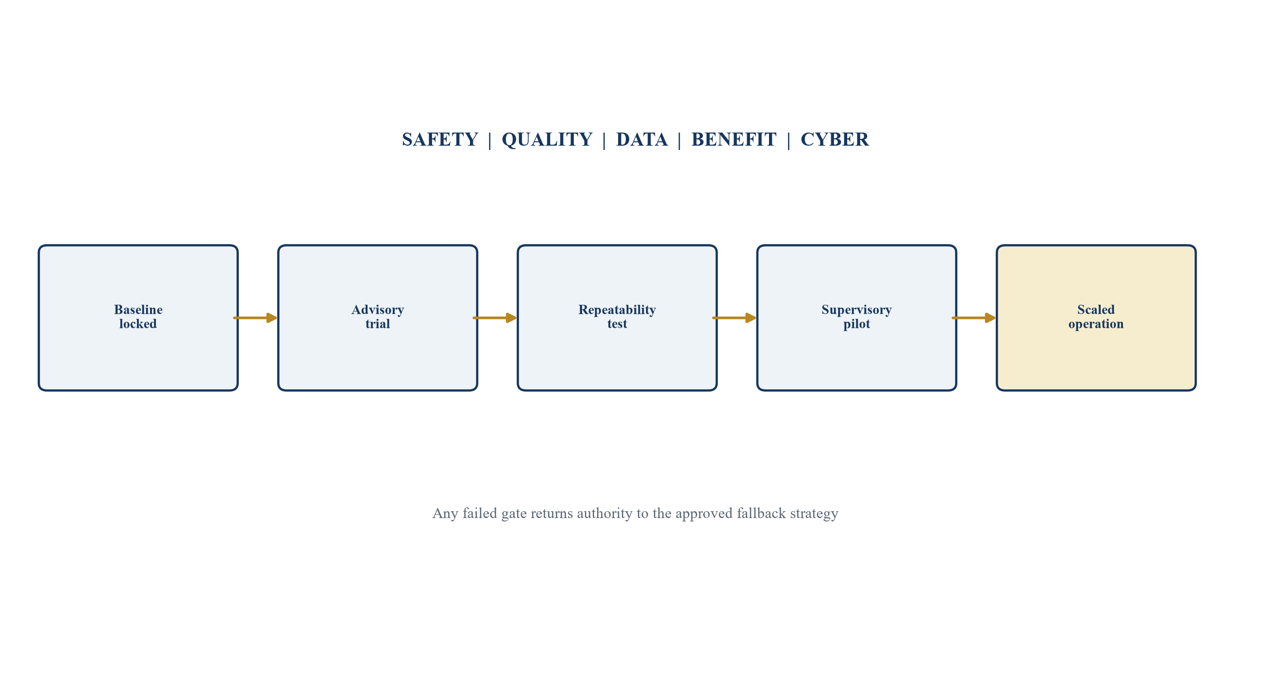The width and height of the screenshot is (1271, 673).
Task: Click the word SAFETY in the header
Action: (440, 140)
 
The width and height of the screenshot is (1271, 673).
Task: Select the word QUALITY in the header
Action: (547, 140)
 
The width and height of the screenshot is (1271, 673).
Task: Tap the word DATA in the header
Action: (641, 140)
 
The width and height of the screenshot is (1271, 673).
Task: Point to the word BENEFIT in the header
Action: (734, 140)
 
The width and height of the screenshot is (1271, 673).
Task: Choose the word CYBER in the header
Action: (835, 140)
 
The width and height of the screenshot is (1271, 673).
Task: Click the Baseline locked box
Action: (138, 318)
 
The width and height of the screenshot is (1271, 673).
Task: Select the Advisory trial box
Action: (377, 318)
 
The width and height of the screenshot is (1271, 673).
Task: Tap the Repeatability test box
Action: (617, 318)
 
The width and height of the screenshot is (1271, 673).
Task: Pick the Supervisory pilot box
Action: (856, 318)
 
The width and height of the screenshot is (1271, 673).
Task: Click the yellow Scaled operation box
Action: (1096, 318)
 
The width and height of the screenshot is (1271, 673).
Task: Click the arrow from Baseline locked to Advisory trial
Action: (255, 318)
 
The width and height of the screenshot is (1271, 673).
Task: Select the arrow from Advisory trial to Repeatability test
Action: (495, 318)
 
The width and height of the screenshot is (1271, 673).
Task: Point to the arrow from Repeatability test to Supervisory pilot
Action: (735, 318)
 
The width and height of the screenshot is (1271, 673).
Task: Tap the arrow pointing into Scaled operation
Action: (974, 318)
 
